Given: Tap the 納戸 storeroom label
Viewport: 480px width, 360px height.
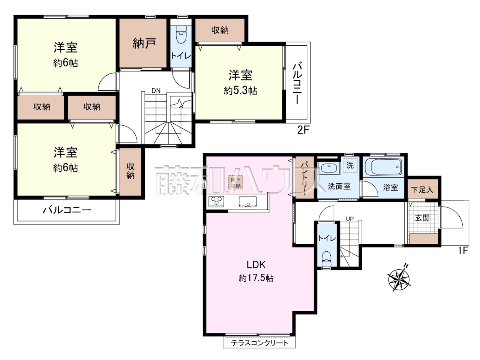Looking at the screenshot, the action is (x=144, y=43).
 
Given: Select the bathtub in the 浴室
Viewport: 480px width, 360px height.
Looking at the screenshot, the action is (x=383, y=166).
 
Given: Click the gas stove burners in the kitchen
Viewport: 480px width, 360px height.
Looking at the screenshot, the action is (x=216, y=201).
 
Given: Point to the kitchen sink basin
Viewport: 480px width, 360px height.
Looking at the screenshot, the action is (x=248, y=201).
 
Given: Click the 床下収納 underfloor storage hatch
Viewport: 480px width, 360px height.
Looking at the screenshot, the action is (x=235, y=183).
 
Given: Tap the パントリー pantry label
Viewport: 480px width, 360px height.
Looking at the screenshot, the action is (x=305, y=178).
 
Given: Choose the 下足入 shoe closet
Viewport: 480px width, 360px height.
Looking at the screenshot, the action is (x=423, y=189).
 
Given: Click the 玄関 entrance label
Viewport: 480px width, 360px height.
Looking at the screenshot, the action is (x=423, y=218).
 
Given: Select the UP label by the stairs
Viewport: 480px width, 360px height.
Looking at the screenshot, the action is (x=349, y=219).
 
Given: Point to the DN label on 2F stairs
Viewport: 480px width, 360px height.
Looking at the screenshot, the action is (x=156, y=90).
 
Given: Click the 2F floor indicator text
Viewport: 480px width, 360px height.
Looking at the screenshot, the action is (x=303, y=130).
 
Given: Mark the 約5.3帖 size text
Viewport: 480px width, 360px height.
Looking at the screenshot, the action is (x=240, y=91).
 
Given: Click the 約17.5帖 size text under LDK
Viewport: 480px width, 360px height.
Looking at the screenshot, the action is (x=256, y=278).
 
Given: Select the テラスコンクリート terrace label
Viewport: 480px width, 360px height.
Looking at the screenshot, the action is (x=260, y=343).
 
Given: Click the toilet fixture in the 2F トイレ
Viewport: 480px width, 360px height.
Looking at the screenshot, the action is (x=181, y=34).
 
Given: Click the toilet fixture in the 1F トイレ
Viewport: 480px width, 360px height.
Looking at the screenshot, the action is (x=327, y=259).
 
